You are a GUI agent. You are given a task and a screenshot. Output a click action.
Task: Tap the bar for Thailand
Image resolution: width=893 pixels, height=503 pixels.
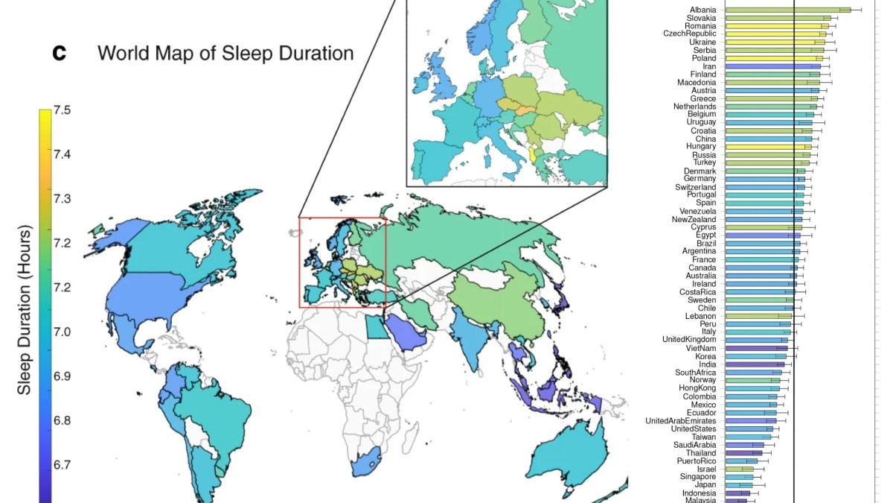pos(743,452)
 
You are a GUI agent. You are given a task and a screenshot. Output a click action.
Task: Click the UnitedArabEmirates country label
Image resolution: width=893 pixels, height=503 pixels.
pos(680,421)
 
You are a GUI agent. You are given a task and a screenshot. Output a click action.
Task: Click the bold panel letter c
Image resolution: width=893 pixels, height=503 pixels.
pos(60,53)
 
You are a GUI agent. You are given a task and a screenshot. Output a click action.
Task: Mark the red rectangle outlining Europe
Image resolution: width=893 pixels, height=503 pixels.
pos(300,261)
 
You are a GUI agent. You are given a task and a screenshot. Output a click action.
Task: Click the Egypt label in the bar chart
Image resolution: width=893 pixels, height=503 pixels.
pos(706,235)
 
